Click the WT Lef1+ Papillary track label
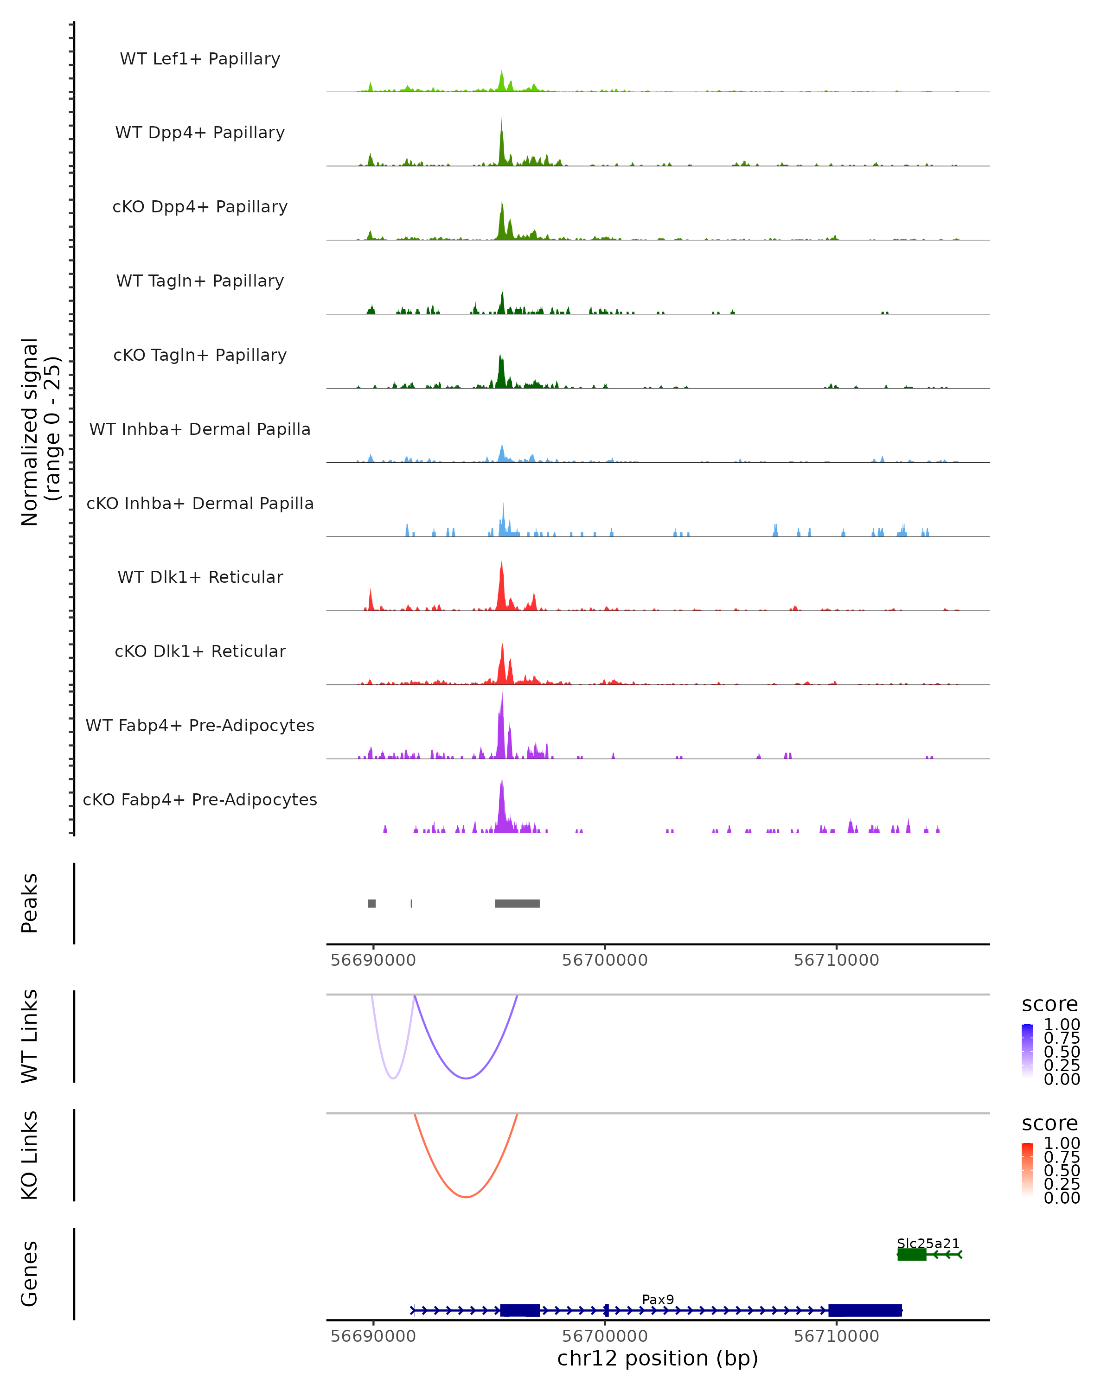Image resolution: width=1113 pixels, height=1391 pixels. pos(200,59)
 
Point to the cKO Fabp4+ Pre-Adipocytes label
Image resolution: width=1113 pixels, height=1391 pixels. pos(200,799)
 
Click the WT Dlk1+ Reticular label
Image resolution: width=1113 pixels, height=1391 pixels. pos(200,577)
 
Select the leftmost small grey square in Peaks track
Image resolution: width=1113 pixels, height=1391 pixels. pos(371,903)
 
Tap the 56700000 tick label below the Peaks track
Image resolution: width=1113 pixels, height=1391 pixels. pos(605,960)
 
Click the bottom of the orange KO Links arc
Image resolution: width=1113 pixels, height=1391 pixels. pos(466,1197)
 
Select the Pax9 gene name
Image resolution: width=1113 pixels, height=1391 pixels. pos(658,1299)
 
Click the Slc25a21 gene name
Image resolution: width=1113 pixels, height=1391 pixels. pos(928,1243)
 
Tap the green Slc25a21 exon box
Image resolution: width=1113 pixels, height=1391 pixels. pos(912,1254)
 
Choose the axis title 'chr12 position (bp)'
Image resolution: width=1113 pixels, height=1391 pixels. pos(658,1358)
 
